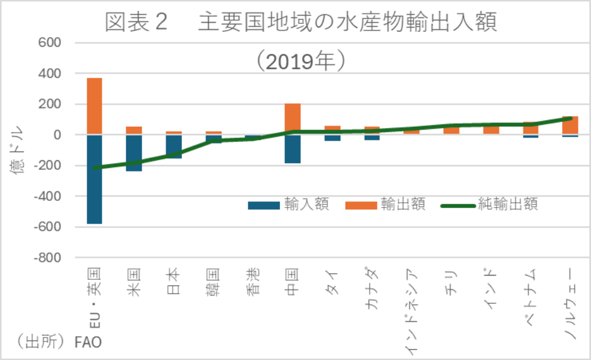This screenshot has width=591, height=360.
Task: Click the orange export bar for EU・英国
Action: click(94, 106)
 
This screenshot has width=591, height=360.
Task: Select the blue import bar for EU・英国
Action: click(94, 179)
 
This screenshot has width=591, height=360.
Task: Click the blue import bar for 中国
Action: click(293, 150)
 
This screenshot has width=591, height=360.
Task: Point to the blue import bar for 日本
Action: click(173, 147)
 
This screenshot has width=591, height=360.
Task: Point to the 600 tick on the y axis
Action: click(50, 43)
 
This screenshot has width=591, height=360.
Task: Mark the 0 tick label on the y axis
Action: click(57, 135)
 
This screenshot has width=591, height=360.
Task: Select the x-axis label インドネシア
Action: click(412, 311)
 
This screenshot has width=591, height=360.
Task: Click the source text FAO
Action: click(88, 342)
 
